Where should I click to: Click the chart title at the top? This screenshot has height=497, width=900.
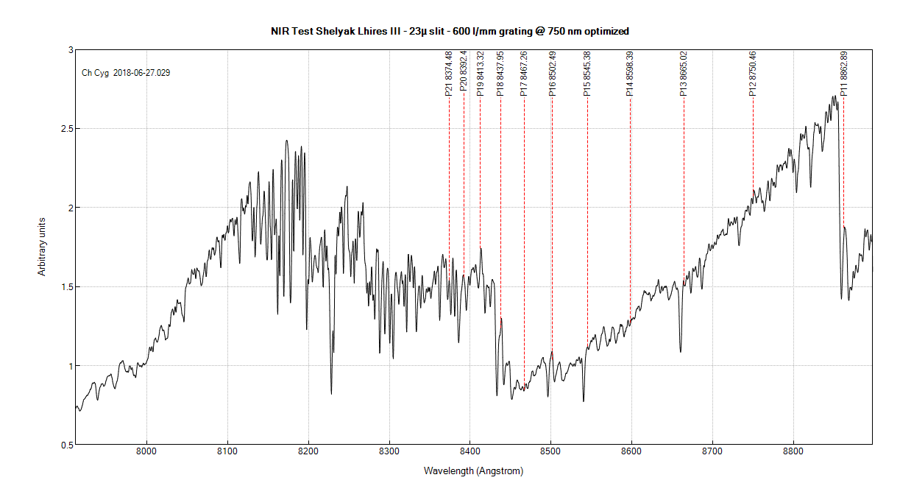pyautogui.click(x=450, y=31)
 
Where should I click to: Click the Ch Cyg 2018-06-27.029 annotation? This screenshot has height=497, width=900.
pyautogui.click(x=126, y=73)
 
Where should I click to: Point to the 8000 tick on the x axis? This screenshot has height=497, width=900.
pyautogui.click(x=146, y=451)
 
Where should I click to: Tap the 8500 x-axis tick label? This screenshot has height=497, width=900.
pyautogui.click(x=550, y=451)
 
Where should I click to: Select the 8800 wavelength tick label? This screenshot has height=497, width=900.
pyautogui.click(x=793, y=451)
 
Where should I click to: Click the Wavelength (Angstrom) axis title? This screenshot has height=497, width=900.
pyautogui.click(x=473, y=470)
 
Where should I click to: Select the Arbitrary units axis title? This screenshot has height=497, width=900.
pyautogui.click(x=42, y=247)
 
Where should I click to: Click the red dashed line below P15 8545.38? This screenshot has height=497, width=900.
pyautogui.click(x=587, y=221)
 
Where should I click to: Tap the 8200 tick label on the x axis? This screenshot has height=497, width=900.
pyautogui.click(x=308, y=451)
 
